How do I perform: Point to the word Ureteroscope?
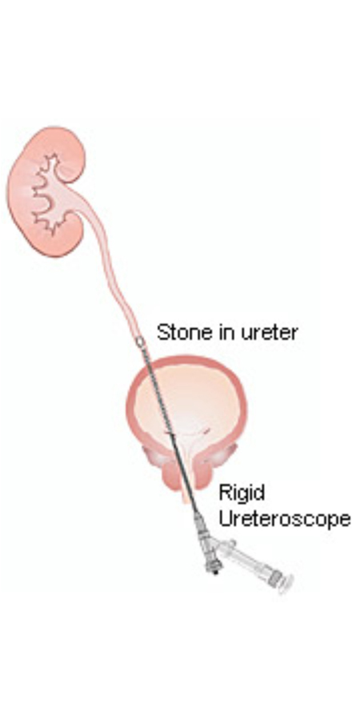coord(285,519)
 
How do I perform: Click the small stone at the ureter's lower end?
coord(139,341)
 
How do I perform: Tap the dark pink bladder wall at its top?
coord(187,360)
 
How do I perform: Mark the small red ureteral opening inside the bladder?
coord(206,430)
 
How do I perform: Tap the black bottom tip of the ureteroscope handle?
coord(214,570)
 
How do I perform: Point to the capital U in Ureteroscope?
coord(226,518)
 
